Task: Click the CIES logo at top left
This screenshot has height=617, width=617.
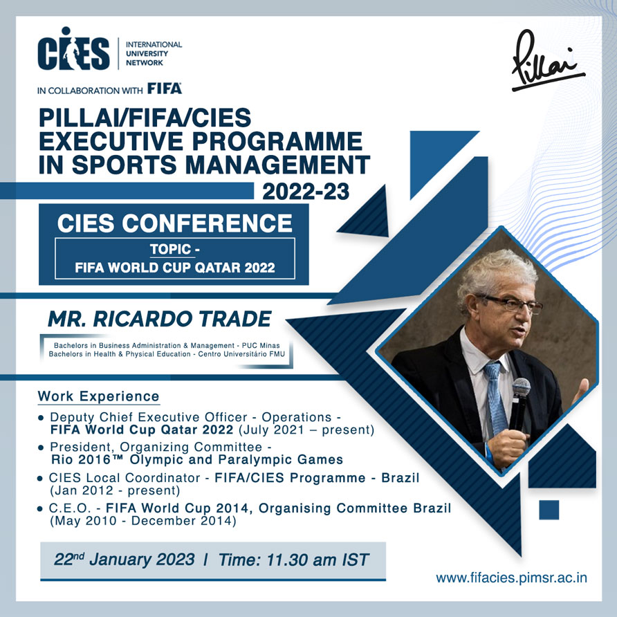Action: tap(73, 48)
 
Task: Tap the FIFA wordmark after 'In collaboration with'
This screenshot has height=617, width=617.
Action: tap(165, 89)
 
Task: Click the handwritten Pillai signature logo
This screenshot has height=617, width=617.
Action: tap(547, 61)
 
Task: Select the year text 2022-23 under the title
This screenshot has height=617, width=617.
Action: tap(306, 192)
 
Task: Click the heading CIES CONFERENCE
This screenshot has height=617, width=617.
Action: tap(175, 223)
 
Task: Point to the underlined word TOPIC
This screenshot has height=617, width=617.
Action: tap(170, 250)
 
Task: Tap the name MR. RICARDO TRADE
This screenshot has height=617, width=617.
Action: tap(159, 319)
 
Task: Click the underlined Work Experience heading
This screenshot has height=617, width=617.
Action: tap(98, 396)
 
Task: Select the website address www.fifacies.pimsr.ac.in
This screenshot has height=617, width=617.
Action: tap(512, 578)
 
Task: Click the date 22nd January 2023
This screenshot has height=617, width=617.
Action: tap(124, 559)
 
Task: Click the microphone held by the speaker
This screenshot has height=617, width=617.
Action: tap(519, 405)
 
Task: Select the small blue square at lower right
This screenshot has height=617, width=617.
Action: tap(549, 510)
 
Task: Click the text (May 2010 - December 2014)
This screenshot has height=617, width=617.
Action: tap(143, 521)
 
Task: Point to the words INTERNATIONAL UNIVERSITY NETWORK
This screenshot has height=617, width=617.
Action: tap(154, 53)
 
